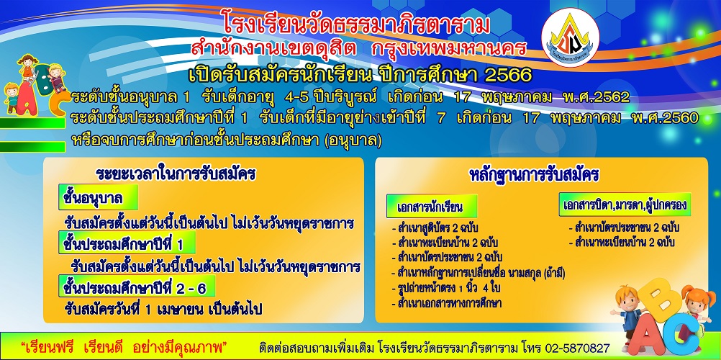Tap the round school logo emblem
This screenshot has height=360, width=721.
(x=570, y=37)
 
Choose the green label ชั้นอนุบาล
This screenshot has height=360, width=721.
(x=99, y=198)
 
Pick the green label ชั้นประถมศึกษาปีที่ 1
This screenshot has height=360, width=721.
(x=127, y=243)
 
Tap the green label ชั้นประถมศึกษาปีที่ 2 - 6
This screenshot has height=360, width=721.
(x=137, y=287)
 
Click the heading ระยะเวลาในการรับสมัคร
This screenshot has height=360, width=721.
(x=176, y=174)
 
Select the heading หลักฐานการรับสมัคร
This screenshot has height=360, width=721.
(x=533, y=175)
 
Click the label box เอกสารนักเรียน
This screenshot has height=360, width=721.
(x=431, y=206)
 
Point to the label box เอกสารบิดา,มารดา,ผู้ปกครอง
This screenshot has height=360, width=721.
(x=625, y=204)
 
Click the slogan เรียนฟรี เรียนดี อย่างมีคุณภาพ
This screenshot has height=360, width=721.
(x=125, y=346)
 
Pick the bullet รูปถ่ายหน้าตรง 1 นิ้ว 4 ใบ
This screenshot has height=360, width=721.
(x=445, y=288)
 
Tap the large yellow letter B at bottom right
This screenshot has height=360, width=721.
(x=659, y=301)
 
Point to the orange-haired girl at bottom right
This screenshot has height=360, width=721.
(x=695, y=307)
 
